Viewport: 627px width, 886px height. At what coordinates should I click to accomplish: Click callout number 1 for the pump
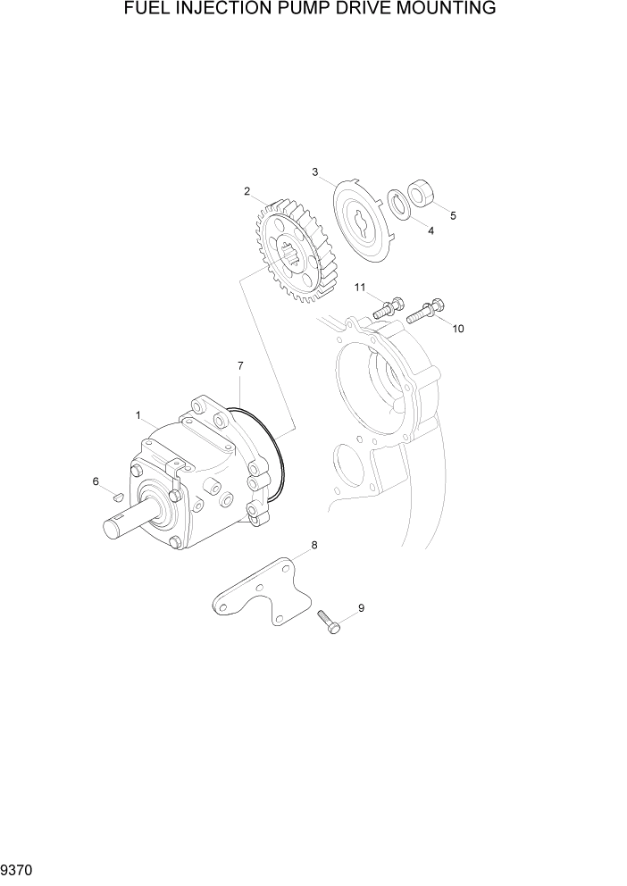pos(138,415)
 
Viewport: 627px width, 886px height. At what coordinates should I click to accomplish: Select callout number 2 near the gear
pos(247,190)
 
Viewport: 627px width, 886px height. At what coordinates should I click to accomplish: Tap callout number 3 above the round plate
pos(315,171)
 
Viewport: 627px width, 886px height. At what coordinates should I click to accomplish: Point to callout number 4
pos(431,230)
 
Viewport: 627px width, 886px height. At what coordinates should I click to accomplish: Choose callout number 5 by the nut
pos(453,215)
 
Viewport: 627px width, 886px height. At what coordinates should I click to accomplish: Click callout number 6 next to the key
pos(96,482)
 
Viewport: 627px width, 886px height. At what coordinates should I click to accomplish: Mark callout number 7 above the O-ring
pos(240,366)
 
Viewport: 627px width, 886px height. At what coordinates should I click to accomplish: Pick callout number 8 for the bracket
pos(313,545)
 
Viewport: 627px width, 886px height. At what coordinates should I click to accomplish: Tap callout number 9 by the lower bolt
pos(361,608)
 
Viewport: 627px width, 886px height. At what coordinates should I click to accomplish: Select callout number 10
pos(458,329)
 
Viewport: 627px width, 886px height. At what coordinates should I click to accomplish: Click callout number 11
pos(359,288)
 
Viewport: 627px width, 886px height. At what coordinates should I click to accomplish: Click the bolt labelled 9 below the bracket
pos(329,621)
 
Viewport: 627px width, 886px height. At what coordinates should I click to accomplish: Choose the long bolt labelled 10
pos(425,312)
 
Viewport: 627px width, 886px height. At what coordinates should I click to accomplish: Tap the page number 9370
pos(18,868)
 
